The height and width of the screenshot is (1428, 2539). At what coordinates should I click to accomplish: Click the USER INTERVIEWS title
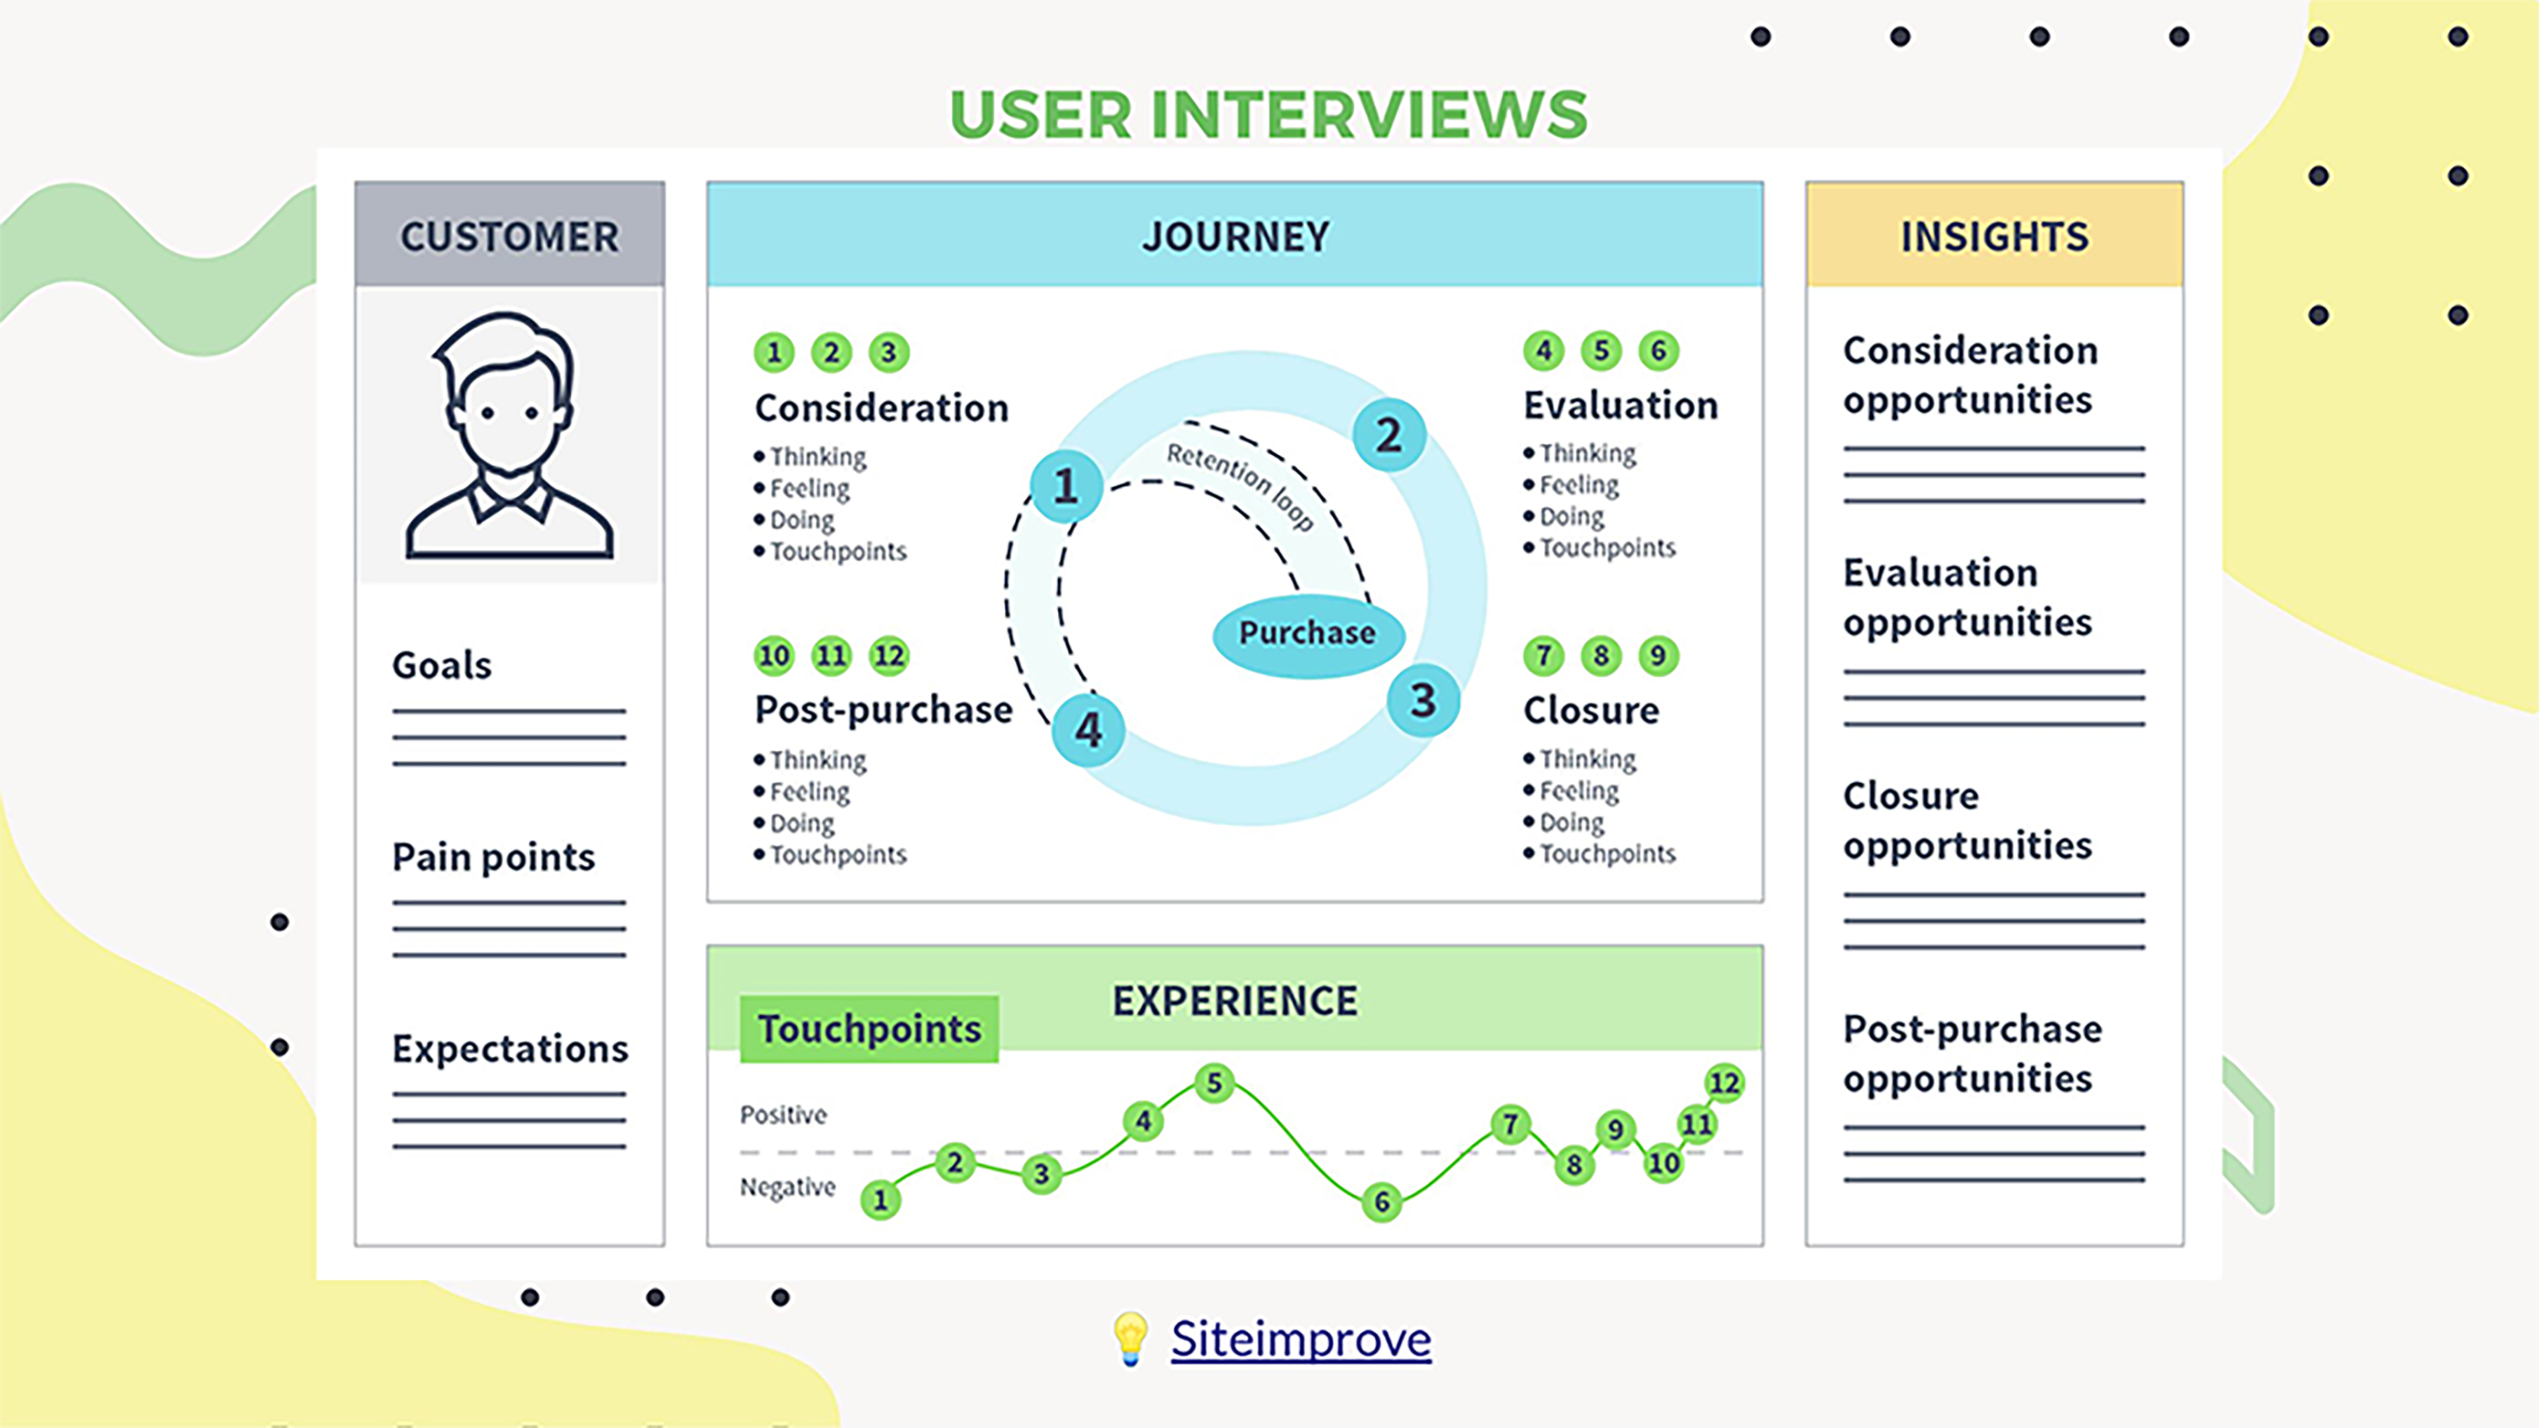pos(1269,114)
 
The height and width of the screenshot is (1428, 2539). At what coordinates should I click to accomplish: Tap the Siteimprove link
pos(1300,1339)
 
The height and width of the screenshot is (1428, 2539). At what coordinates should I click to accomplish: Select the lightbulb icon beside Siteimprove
pos(1131,1338)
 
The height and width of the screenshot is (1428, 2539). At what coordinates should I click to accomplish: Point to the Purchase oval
pos(1307,634)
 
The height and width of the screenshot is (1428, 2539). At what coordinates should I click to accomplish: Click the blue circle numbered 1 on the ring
pos(1066,486)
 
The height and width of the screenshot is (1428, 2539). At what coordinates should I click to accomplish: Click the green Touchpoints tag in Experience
pos(868,1029)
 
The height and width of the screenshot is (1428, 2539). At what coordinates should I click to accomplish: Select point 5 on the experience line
pos(1214,1083)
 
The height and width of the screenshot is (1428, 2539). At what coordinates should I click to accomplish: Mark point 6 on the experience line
pos(1382,1201)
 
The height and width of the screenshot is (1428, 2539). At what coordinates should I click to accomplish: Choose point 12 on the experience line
pos(1724,1083)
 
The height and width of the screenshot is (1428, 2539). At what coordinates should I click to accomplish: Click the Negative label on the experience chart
pos(788,1187)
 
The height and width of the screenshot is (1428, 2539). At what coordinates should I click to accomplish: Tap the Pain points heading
pos(493,857)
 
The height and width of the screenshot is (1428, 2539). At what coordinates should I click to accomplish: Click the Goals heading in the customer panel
pos(442,665)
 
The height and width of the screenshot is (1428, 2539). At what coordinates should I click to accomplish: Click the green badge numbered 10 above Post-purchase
pos(774,656)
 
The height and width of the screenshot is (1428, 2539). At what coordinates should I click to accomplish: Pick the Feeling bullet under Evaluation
pos(1578,485)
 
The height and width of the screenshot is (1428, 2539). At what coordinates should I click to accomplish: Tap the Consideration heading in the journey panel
pos(881,408)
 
